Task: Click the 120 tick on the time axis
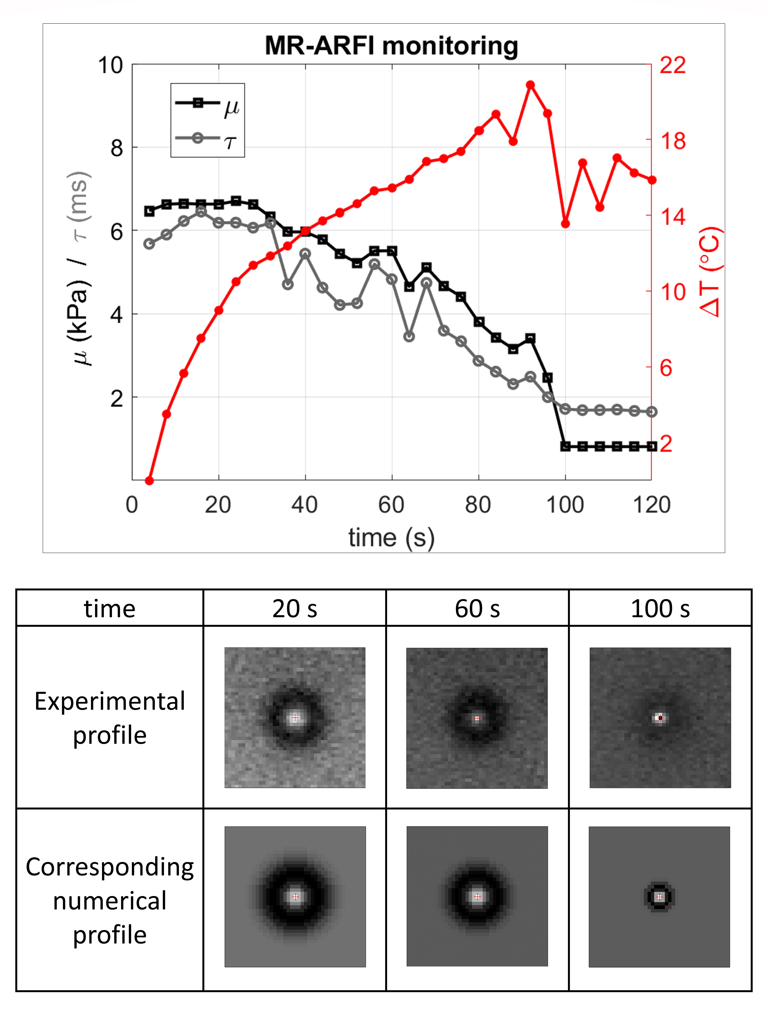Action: (651, 505)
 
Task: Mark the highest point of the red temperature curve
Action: (530, 84)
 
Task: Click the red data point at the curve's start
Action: (149, 480)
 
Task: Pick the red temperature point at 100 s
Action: (565, 224)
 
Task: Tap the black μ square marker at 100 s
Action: (565, 446)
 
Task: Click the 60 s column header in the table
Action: (477, 609)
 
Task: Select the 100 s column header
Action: (660, 609)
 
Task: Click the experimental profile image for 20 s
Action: (295, 717)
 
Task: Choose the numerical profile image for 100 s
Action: (659, 897)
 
